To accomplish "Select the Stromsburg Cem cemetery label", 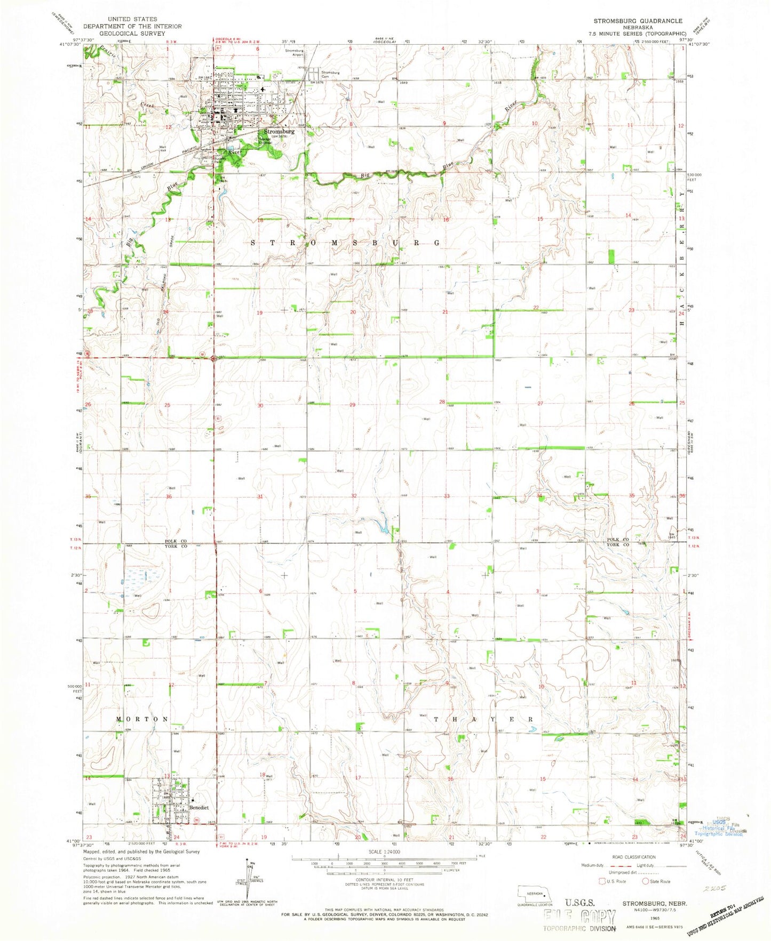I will pos(330,74).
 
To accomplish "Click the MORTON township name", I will pos(142,719).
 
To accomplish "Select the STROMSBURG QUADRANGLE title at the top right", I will pos(638,21).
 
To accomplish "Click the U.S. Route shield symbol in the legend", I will pos(602,881).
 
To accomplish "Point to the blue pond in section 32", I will pos(382,528).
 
